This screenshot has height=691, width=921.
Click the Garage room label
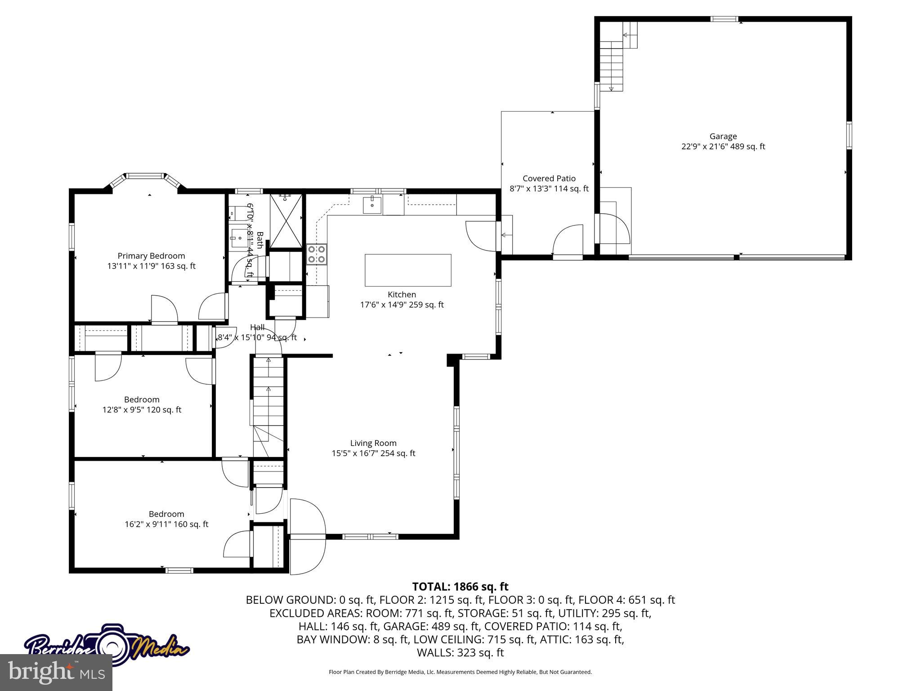[723, 136]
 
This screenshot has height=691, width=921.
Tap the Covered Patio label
[549, 179]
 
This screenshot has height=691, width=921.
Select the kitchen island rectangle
[408, 270]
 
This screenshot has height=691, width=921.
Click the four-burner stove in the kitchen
[317, 254]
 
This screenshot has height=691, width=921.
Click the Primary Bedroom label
[151, 256]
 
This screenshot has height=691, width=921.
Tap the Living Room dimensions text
[373, 453]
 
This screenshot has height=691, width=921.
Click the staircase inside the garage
[612, 63]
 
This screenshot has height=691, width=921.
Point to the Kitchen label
[402, 295]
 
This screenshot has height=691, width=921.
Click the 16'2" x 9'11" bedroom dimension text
[166, 524]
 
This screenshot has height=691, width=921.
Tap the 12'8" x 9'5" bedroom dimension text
[142, 410]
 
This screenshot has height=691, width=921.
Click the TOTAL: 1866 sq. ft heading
[460, 587]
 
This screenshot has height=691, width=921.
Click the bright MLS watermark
[56, 672]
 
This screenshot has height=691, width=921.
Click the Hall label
[257, 328]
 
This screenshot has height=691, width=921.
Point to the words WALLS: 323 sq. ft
[460, 653]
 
